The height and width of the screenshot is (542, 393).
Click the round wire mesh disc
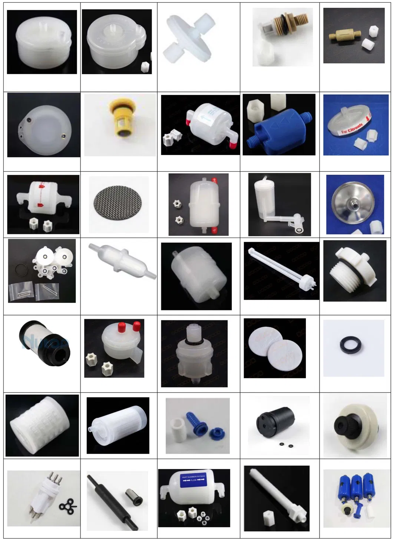[x=119, y=204]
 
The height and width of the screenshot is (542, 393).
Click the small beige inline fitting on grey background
[x=343, y=36]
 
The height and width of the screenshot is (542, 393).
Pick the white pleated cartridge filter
[x=42, y=426]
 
